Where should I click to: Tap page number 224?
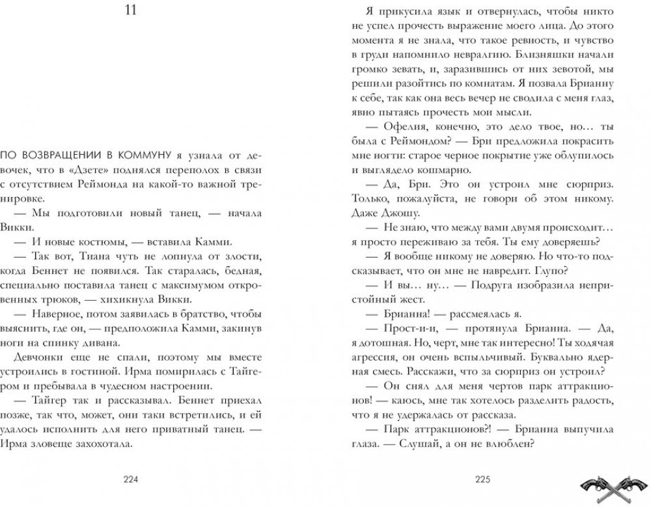coord(132,481)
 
